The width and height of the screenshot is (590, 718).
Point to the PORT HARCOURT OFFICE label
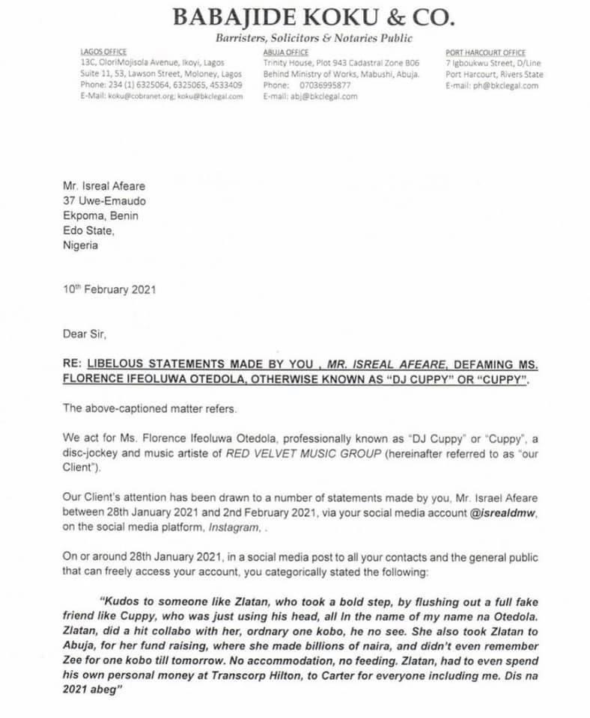tap(485, 53)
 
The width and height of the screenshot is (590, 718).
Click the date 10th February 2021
tap(110, 289)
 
